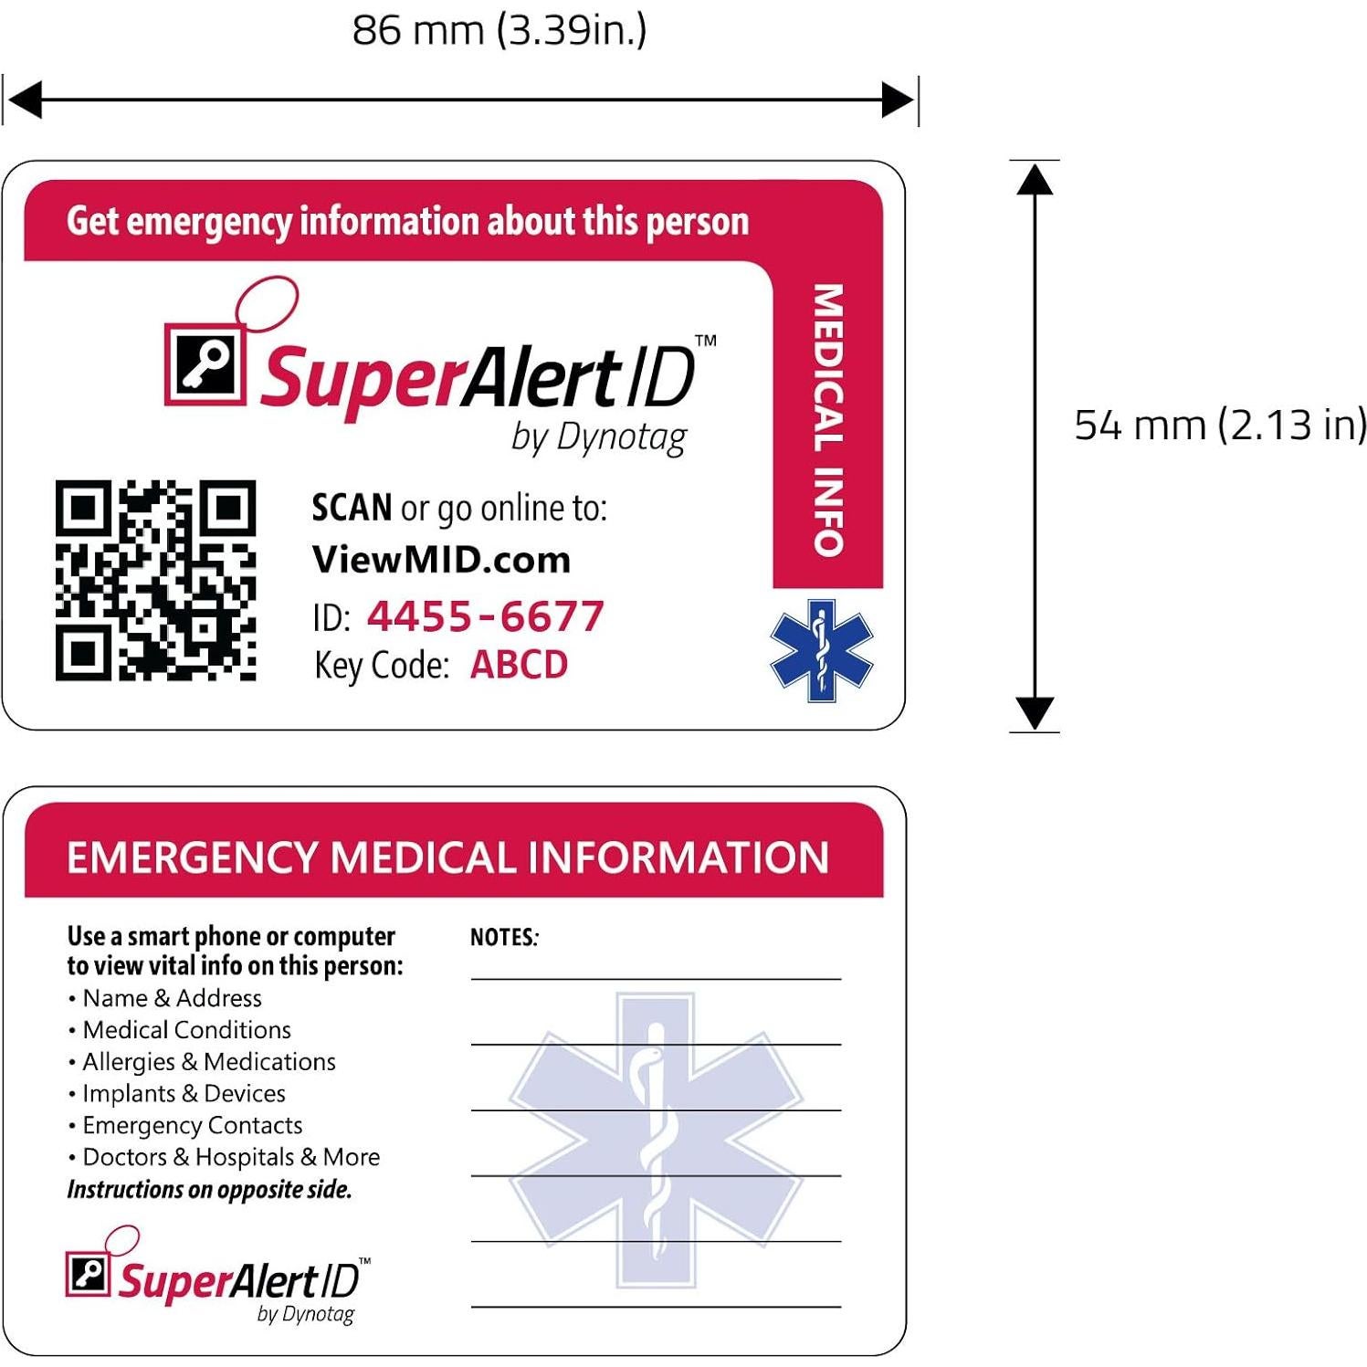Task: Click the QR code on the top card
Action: click(x=155, y=580)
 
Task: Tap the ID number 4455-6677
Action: click(x=485, y=616)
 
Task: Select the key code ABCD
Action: click(x=519, y=665)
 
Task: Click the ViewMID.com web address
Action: click(x=441, y=559)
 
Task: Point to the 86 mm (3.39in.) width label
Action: click(x=499, y=30)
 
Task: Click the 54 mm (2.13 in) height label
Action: click(x=1220, y=425)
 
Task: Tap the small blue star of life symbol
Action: click(x=821, y=650)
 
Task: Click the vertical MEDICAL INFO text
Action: click(x=828, y=420)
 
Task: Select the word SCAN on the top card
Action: click(x=352, y=508)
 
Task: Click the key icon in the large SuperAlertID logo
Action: click(x=205, y=364)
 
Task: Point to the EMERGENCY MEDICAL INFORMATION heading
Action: click(x=447, y=857)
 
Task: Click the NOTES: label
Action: click(x=504, y=938)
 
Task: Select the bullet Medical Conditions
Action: click(x=186, y=1030)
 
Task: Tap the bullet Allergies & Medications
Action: click(x=208, y=1062)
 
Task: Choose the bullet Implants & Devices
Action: click(x=184, y=1094)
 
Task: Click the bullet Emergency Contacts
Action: click(x=192, y=1125)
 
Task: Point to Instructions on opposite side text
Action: click(x=209, y=1189)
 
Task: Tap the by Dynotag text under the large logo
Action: click(x=598, y=437)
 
